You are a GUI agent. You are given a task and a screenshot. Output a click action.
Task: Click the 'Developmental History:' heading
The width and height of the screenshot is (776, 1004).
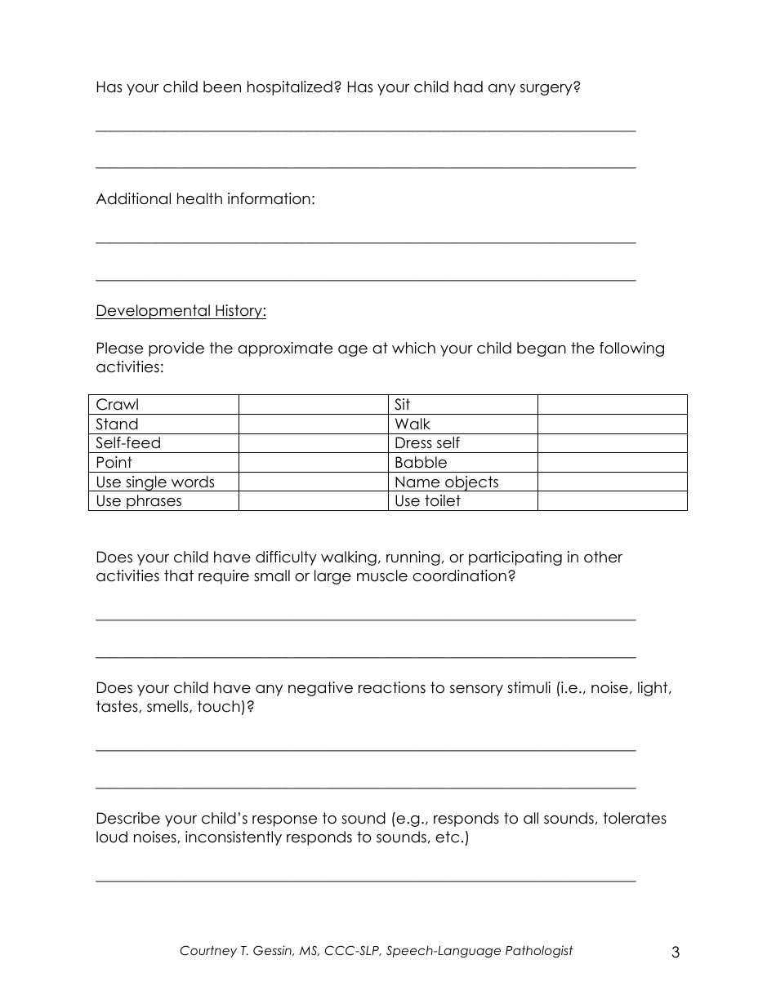181,311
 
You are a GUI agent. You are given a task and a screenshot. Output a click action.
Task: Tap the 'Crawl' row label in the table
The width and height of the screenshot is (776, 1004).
118,405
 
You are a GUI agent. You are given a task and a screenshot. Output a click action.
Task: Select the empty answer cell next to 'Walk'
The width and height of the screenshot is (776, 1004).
612,424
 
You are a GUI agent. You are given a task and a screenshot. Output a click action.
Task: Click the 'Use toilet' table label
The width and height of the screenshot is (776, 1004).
427,501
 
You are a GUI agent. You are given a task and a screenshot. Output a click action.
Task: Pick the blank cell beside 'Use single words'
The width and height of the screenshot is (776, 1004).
313,482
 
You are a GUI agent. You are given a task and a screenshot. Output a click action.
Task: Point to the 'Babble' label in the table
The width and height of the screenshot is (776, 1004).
421,463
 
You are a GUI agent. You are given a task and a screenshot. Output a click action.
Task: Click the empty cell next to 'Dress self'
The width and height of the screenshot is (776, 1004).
612,443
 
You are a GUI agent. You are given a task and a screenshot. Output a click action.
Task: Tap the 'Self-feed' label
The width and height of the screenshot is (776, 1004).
128,443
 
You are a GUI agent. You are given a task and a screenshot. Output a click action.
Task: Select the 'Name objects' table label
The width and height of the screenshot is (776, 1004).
446,482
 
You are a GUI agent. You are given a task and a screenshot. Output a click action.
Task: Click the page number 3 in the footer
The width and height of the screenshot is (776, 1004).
675,952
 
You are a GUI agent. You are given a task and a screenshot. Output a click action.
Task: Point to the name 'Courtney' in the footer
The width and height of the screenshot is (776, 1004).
208,951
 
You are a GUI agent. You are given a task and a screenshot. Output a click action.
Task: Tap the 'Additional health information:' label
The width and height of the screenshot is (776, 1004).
205,199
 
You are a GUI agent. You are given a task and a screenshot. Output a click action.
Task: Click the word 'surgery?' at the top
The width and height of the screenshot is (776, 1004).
550,87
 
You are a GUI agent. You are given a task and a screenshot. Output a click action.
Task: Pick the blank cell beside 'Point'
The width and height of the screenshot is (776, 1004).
313,463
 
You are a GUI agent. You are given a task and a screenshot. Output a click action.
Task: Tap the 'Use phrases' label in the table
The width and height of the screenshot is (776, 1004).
139,501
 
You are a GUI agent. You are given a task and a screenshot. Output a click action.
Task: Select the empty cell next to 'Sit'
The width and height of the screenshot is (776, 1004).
612,405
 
